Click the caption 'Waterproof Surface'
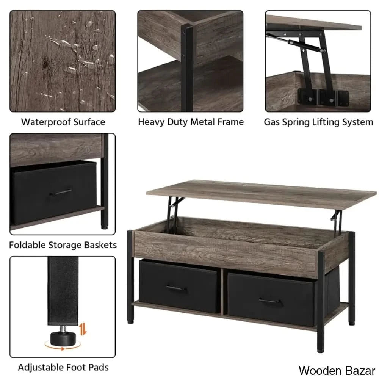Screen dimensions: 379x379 63,122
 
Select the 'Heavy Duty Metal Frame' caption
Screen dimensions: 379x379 191,122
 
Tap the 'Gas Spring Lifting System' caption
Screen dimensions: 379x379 318,122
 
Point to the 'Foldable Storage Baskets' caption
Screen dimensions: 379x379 63,245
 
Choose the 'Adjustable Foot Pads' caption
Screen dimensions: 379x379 63,367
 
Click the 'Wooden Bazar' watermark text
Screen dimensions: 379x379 337,370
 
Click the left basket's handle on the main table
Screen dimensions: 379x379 176,289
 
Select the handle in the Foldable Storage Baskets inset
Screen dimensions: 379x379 60,193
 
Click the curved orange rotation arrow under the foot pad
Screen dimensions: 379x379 57,346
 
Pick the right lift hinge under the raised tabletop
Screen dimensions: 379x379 336,216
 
